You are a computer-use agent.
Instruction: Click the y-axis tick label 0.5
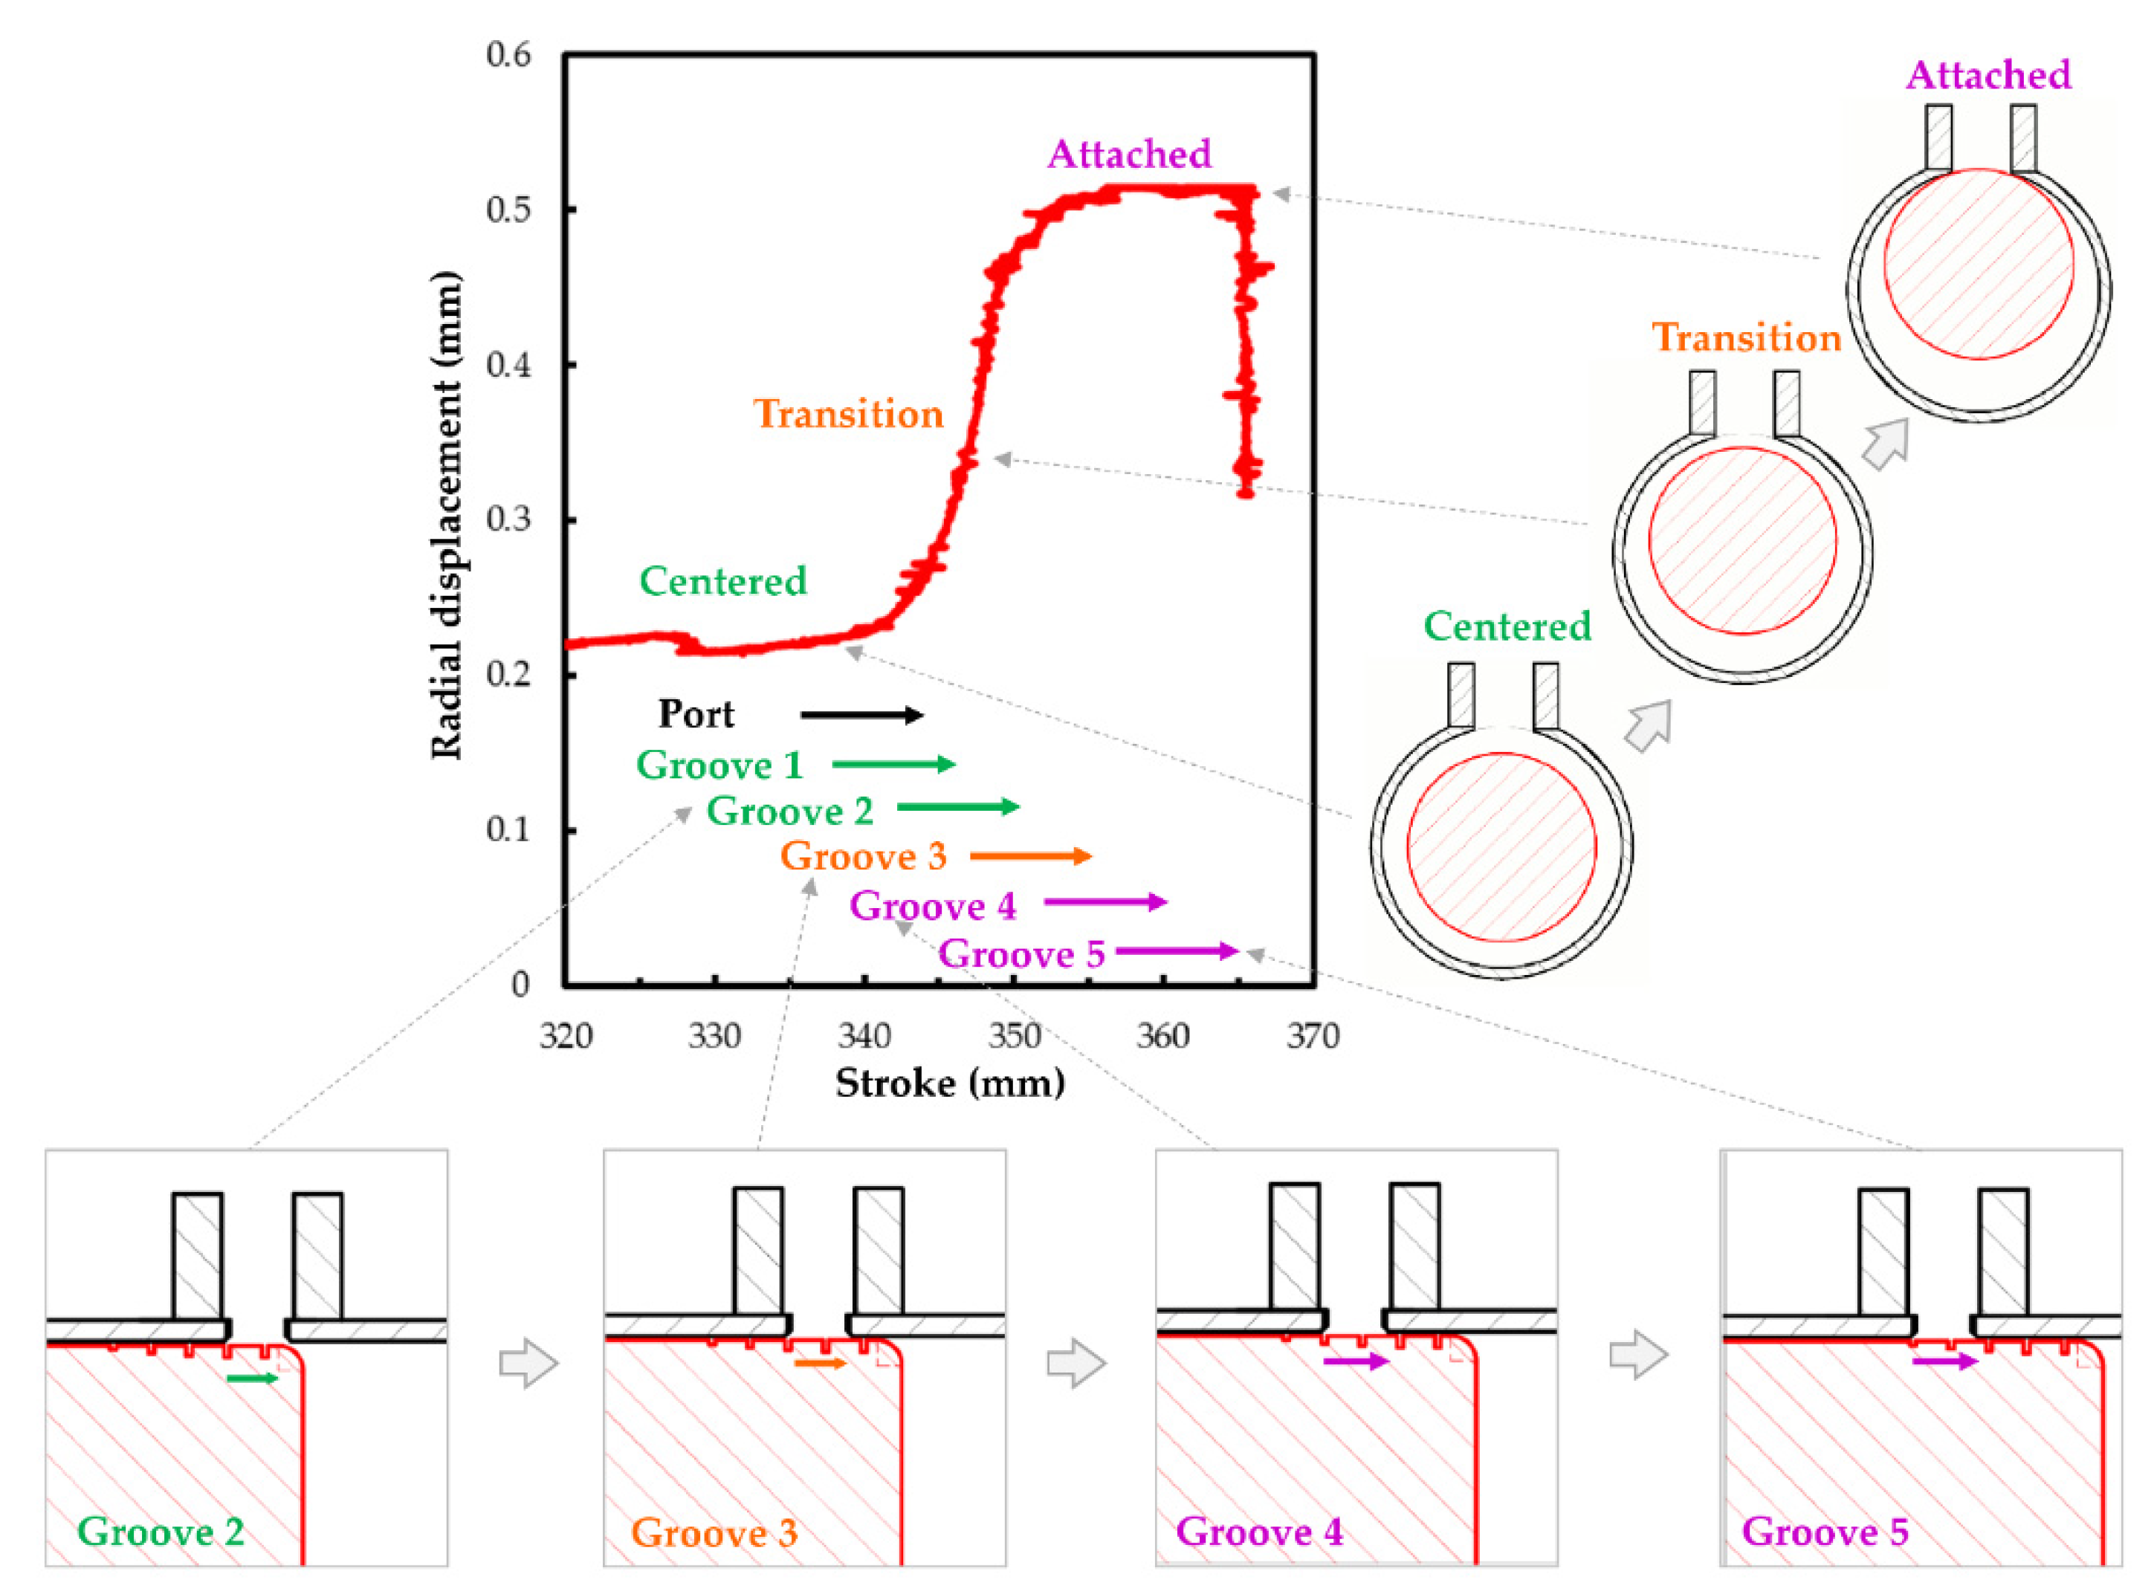[x=508, y=210]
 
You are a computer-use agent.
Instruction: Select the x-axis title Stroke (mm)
[x=950, y=1083]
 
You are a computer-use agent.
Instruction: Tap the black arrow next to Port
[x=861, y=715]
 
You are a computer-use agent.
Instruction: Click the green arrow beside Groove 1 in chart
[x=893, y=764]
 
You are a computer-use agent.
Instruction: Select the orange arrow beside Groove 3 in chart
[x=1029, y=856]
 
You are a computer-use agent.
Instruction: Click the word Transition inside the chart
[x=847, y=414]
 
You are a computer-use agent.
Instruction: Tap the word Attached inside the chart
[x=1129, y=155]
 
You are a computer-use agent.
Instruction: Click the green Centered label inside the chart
[x=722, y=581]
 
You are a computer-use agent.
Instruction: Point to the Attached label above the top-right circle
[x=1988, y=75]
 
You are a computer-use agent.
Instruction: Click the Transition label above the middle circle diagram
[x=1747, y=337]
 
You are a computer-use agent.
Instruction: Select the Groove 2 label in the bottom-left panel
[x=161, y=1532]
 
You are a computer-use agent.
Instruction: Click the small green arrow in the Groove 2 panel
[x=252, y=1378]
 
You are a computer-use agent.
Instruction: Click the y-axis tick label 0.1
[x=508, y=830]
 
